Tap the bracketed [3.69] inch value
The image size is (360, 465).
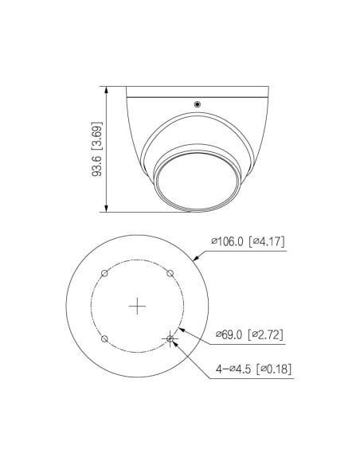click(96, 136)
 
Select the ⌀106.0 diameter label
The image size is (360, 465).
click(227, 241)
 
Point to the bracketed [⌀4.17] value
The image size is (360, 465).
click(266, 241)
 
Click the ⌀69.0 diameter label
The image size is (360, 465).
click(229, 334)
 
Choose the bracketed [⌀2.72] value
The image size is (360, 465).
click(265, 334)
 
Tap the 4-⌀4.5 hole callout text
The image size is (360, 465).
click(233, 369)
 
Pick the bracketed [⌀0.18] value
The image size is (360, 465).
click(274, 369)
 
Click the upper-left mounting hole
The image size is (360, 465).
click(104, 273)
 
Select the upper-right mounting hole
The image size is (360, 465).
click(170, 273)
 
